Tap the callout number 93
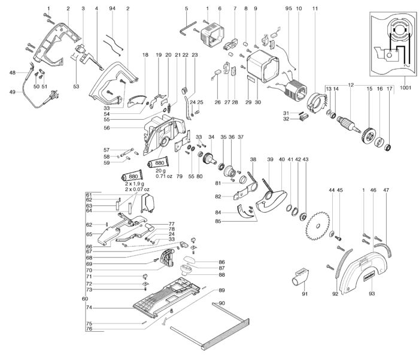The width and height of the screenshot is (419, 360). point(371,294)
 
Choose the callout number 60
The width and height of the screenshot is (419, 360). point(84,298)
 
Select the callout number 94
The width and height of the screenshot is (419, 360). point(113,8)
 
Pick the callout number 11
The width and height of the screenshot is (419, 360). point(315,8)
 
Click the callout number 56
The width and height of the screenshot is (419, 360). point(123,128)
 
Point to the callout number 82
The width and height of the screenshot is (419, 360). point(218,196)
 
